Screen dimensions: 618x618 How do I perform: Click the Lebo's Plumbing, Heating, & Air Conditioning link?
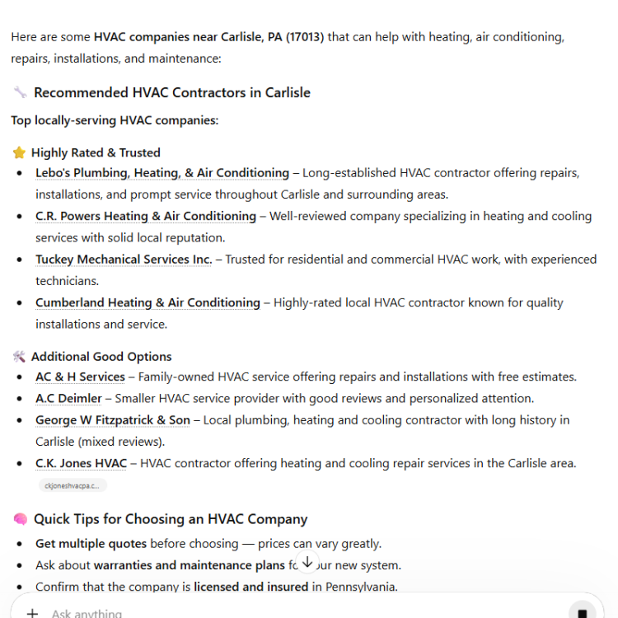pyautogui.click(x=162, y=173)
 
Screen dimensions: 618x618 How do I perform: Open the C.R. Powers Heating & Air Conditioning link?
pyautogui.click(x=145, y=216)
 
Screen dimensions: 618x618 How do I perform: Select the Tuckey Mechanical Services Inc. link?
pyautogui.click(x=123, y=260)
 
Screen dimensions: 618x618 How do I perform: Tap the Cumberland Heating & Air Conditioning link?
pyautogui.click(x=147, y=302)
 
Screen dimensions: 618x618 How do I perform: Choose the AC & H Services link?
pyautogui.click(x=80, y=377)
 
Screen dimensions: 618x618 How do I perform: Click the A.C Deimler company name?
pyautogui.click(x=68, y=399)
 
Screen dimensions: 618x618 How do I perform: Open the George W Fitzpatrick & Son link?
pyautogui.click(x=112, y=420)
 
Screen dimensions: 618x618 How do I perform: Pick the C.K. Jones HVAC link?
pyautogui.click(x=81, y=463)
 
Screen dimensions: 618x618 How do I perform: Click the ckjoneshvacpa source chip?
pyautogui.click(x=73, y=485)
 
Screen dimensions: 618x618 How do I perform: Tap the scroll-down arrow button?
pyautogui.click(x=307, y=562)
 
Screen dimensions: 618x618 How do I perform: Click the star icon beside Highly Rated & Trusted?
pyautogui.click(x=19, y=152)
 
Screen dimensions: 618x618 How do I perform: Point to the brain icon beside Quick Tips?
pyautogui.click(x=20, y=519)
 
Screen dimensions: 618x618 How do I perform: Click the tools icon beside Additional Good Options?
pyautogui.click(x=19, y=357)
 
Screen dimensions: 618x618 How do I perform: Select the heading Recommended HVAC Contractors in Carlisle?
pyautogui.click(x=171, y=92)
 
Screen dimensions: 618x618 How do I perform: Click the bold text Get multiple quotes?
pyautogui.click(x=91, y=544)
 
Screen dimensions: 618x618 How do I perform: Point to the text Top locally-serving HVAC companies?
pyautogui.click(x=115, y=120)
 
